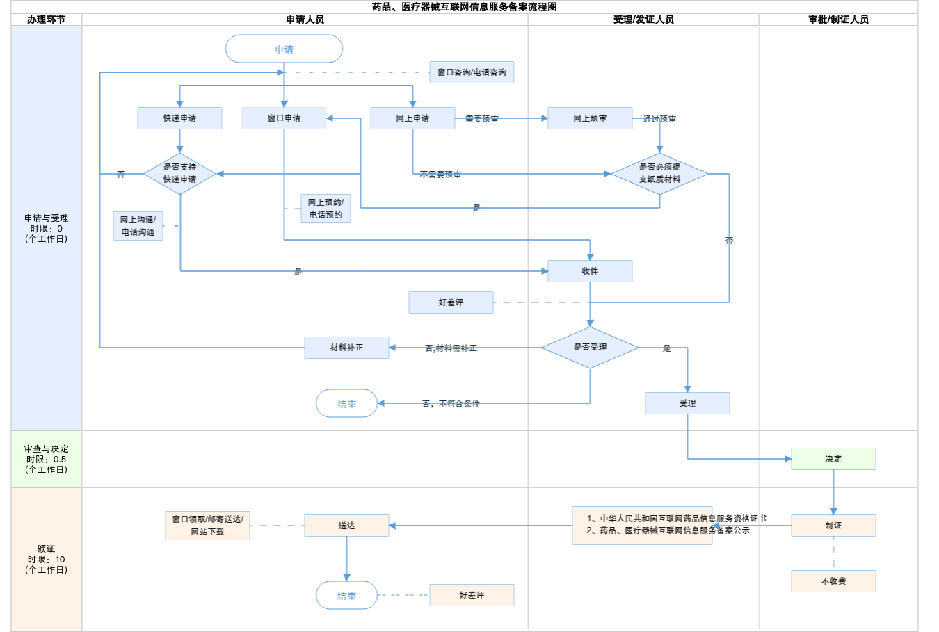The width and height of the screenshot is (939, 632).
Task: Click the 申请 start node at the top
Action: (x=284, y=49)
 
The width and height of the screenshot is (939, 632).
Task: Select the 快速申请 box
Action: (x=179, y=118)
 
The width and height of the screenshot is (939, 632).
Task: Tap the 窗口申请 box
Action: (x=284, y=118)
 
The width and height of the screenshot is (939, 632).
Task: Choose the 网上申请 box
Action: (x=412, y=118)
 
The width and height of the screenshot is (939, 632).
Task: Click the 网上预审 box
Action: (x=590, y=118)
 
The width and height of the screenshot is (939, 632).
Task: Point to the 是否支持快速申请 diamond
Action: (x=179, y=173)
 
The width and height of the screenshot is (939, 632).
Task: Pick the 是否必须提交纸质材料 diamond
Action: (x=659, y=173)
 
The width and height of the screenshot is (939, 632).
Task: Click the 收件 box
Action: (x=590, y=271)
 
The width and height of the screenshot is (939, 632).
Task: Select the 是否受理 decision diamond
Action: (x=590, y=347)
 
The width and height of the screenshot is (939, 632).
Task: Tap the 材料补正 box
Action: (x=346, y=348)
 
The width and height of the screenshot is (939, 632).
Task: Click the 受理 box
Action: (x=687, y=403)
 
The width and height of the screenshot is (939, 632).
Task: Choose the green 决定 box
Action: (x=833, y=459)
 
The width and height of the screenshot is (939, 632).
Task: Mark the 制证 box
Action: (x=833, y=526)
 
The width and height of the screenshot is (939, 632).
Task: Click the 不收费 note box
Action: (x=833, y=581)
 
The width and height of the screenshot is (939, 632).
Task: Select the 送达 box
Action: (x=346, y=526)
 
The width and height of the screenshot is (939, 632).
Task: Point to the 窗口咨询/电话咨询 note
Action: (x=472, y=72)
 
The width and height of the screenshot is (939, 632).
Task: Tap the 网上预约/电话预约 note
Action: (x=326, y=209)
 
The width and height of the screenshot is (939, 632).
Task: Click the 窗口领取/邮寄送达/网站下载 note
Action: (x=207, y=526)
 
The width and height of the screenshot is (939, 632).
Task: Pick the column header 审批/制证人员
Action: (x=838, y=19)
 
